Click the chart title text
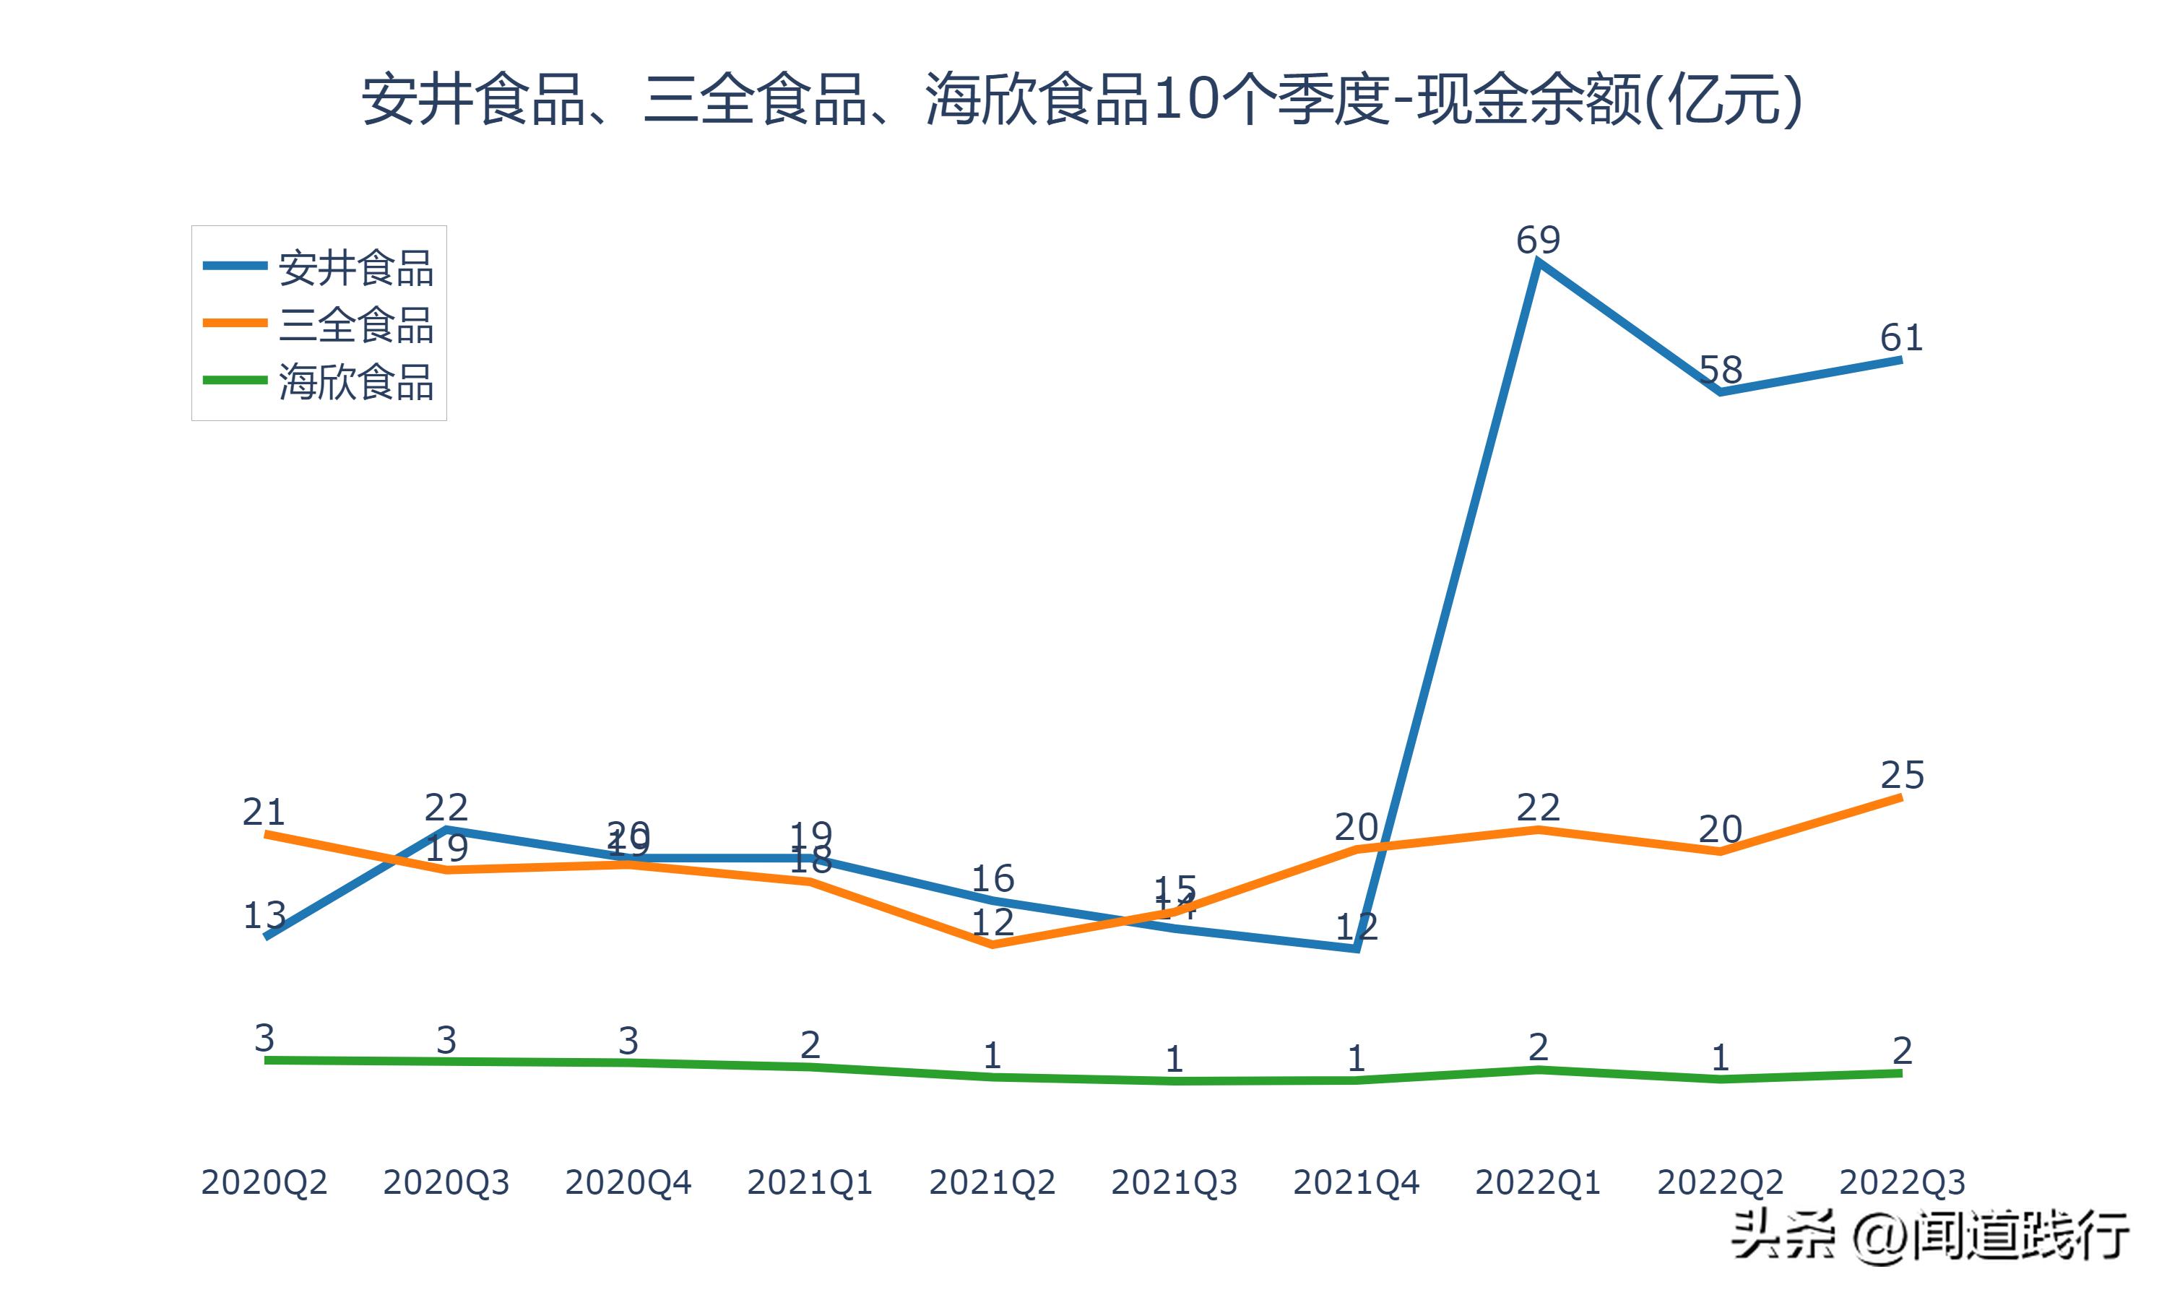click(x=1083, y=100)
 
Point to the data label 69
click(x=1538, y=240)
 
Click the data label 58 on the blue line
click(x=1721, y=370)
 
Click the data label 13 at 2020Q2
click(x=264, y=916)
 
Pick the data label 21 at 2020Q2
click(x=264, y=812)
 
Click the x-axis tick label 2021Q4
click(x=1356, y=1182)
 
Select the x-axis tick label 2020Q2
click(x=264, y=1182)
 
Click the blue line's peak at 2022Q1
click(x=1538, y=263)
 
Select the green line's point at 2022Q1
click(x=1538, y=1070)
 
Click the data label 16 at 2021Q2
click(x=992, y=877)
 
